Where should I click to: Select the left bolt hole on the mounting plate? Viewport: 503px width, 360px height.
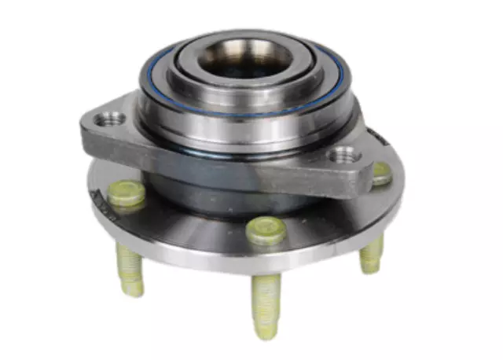click(111, 120)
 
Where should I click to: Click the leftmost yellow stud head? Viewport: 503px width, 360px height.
click(127, 193)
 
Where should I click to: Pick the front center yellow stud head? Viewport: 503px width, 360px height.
click(265, 229)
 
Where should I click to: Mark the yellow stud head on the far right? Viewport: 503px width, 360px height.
click(381, 174)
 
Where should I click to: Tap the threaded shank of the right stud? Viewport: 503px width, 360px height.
click(372, 254)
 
